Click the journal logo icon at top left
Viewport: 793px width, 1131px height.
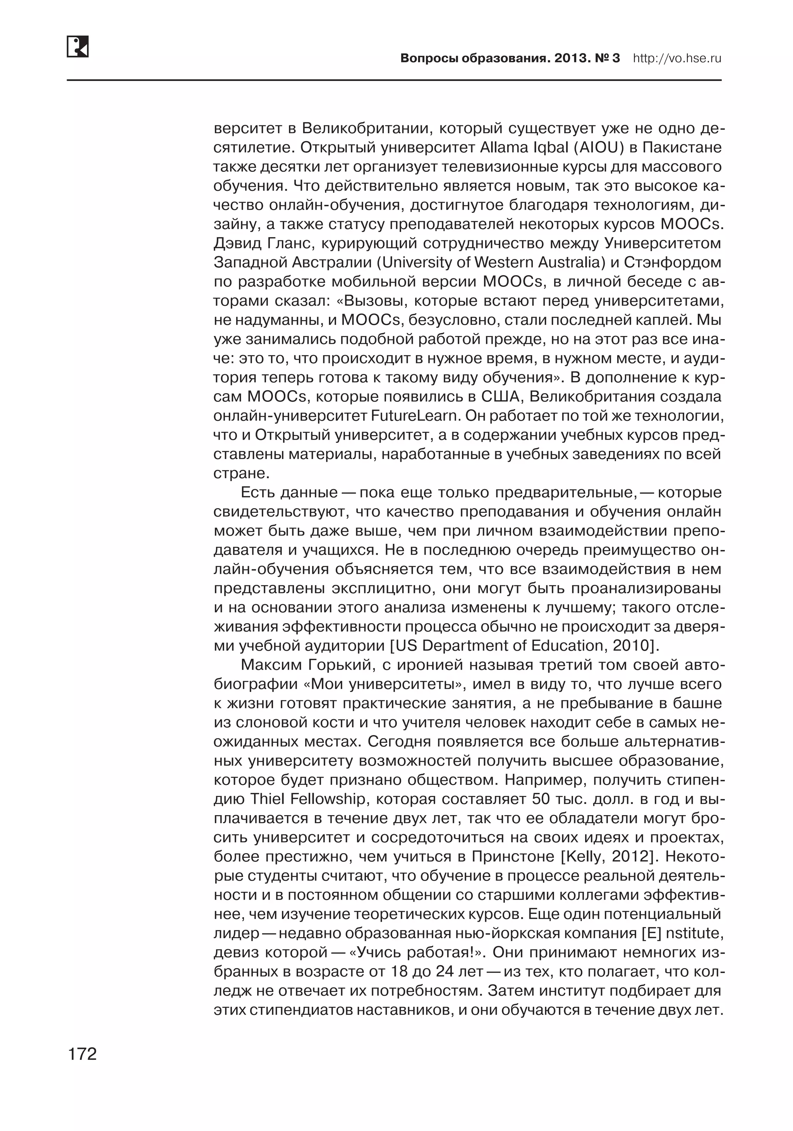click(x=77, y=46)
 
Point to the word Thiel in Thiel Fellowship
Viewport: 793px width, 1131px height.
click(x=269, y=799)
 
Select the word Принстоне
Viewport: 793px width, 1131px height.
click(x=513, y=857)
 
